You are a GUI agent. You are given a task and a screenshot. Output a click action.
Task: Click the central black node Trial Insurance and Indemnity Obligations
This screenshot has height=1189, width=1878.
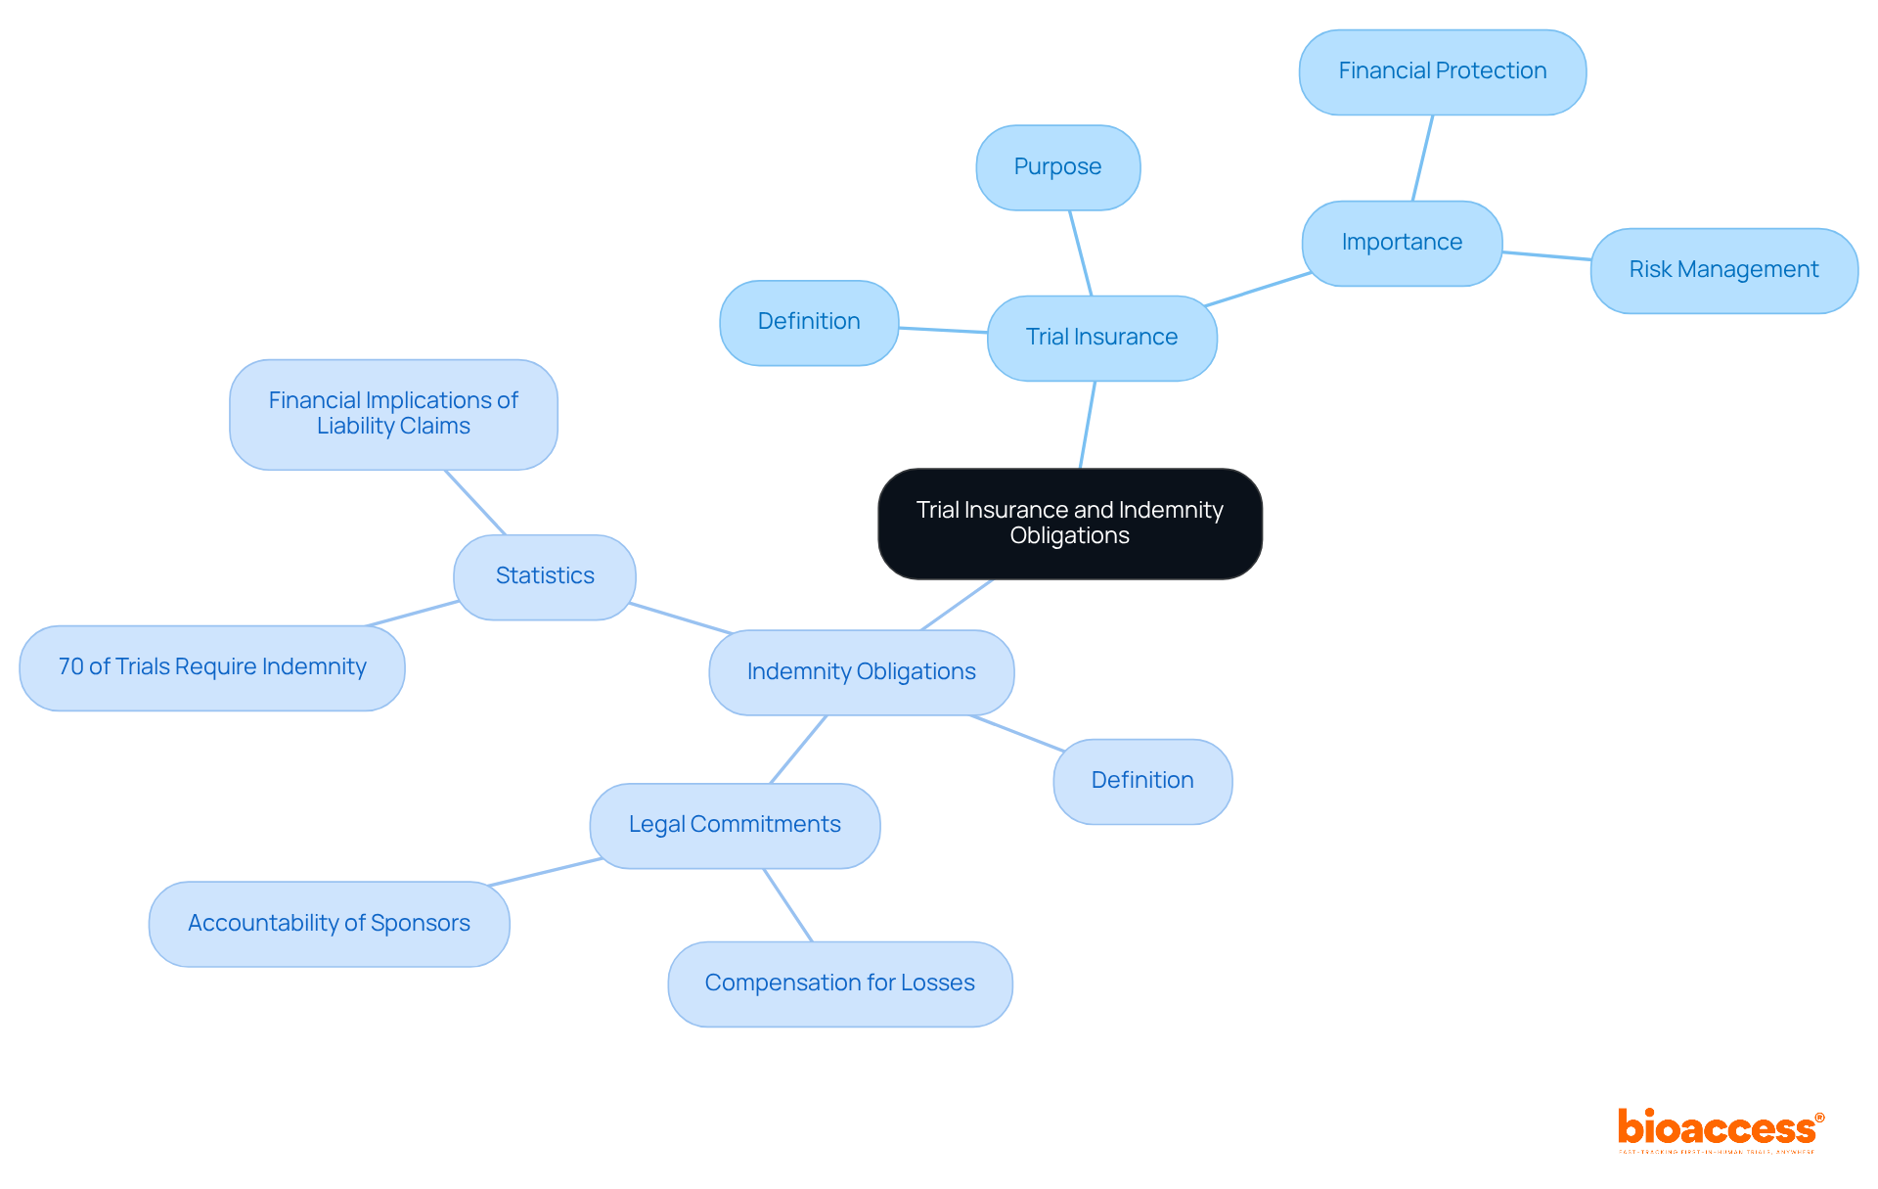1069,524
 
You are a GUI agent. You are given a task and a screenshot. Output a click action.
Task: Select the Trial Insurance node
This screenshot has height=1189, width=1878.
1101,338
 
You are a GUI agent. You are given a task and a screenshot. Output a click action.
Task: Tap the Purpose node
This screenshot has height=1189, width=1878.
1057,167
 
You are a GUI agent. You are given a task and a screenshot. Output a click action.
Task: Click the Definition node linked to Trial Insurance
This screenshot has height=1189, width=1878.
809,322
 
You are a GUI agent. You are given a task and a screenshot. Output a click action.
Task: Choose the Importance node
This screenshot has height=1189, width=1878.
1402,243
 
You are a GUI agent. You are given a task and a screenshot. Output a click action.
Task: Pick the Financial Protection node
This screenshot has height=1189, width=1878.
1442,71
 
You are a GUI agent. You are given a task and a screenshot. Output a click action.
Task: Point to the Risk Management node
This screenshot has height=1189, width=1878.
1723,270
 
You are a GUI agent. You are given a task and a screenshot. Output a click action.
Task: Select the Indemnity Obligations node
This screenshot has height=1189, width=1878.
861,672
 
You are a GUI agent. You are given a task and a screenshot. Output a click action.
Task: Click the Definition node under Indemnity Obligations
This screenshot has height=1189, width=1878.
1142,781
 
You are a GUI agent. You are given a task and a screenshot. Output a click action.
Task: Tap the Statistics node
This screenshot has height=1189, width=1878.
545,576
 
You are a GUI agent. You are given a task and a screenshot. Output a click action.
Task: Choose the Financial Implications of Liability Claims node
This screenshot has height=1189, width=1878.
393,414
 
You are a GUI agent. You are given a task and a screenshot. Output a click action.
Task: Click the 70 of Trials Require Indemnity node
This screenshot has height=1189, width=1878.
212,667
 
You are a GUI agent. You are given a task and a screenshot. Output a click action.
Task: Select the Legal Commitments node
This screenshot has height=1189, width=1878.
735,825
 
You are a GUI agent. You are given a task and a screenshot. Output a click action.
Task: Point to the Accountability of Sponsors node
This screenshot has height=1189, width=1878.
329,924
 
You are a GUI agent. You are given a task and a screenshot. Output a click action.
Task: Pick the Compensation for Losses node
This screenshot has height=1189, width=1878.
839,983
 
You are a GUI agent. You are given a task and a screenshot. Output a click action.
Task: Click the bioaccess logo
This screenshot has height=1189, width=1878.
1720,1130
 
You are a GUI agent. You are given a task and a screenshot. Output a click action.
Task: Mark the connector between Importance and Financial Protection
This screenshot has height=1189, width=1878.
1422,159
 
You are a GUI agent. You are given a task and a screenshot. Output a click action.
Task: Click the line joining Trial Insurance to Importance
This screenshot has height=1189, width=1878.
1259,290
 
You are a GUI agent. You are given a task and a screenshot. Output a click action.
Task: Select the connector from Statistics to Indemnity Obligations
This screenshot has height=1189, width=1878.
681,618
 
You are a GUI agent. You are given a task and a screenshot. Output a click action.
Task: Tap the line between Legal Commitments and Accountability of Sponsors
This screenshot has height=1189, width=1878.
546,872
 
